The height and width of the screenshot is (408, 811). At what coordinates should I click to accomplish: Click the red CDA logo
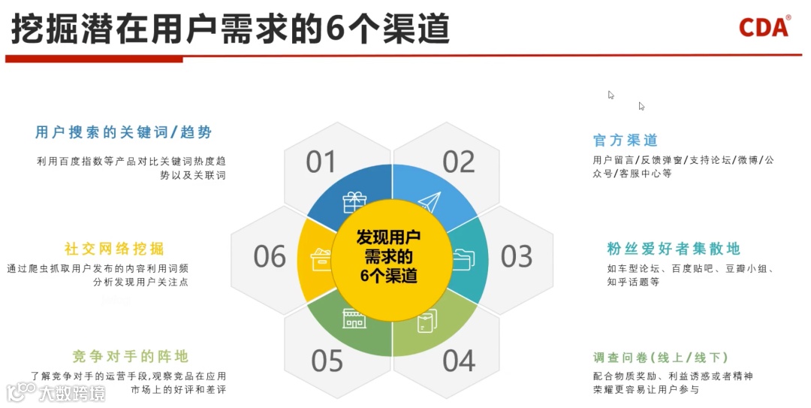click(x=764, y=27)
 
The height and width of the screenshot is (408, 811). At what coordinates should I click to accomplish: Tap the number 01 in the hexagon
click(x=321, y=162)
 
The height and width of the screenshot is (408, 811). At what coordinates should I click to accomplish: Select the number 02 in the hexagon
click(x=459, y=162)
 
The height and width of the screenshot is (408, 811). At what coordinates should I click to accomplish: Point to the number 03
click(x=517, y=257)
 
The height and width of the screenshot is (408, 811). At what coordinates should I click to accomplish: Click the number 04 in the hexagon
click(x=459, y=361)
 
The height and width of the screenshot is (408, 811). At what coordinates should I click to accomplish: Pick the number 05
click(x=327, y=361)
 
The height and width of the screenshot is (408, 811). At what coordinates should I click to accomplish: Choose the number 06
click(x=270, y=257)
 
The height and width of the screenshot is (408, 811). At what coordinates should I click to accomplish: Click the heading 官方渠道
click(x=625, y=141)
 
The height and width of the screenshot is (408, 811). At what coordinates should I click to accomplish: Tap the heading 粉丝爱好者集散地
click(x=674, y=249)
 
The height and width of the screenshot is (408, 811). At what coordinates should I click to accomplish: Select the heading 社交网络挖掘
click(x=114, y=249)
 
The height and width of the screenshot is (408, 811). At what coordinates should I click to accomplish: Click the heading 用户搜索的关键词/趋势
click(x=124, y=132)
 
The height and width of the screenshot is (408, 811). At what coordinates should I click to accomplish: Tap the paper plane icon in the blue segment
click(x=429, y=202)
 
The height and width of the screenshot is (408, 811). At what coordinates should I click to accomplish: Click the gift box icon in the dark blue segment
click(x=354, y=202)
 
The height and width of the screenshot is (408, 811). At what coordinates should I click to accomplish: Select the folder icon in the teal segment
click(x=463, y=258)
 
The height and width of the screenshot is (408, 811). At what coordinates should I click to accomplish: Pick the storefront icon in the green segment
click(x=354, y=318)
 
